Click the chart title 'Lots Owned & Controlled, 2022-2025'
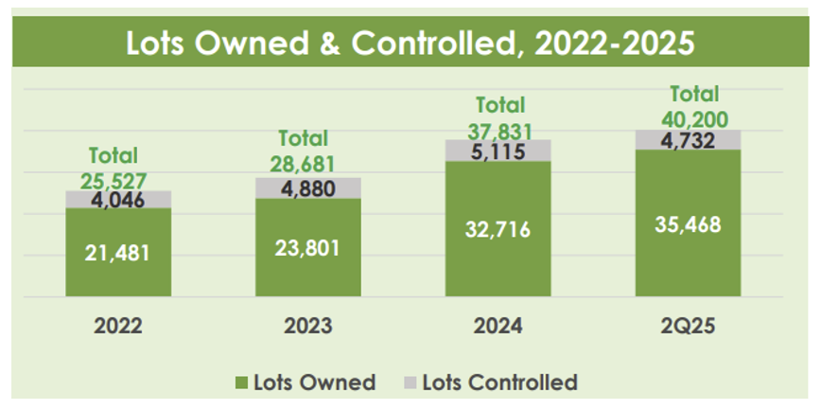[410, 44]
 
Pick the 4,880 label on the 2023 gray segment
[307, 187]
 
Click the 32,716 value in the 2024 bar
[498, 230]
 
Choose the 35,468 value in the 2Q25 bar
[688, 224]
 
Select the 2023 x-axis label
[307, 327]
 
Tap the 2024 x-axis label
[498, 327]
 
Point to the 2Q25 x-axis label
[688, 327]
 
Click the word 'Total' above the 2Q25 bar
[694, 94]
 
